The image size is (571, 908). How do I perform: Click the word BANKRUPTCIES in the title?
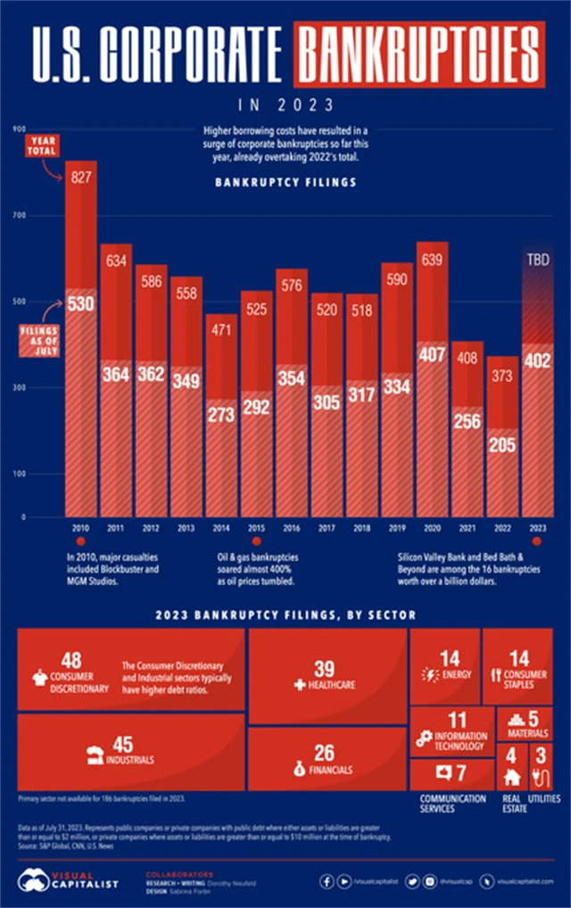(420, 54)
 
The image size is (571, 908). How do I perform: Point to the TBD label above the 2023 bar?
(537, 261)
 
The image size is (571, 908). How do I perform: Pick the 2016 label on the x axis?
(292, 528)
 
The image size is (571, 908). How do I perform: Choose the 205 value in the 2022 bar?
(502, 445)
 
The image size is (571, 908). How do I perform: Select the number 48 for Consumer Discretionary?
(71, 660)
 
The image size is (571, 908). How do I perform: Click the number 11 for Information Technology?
(457, 720)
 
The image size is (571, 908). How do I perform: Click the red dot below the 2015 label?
(256, 541)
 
